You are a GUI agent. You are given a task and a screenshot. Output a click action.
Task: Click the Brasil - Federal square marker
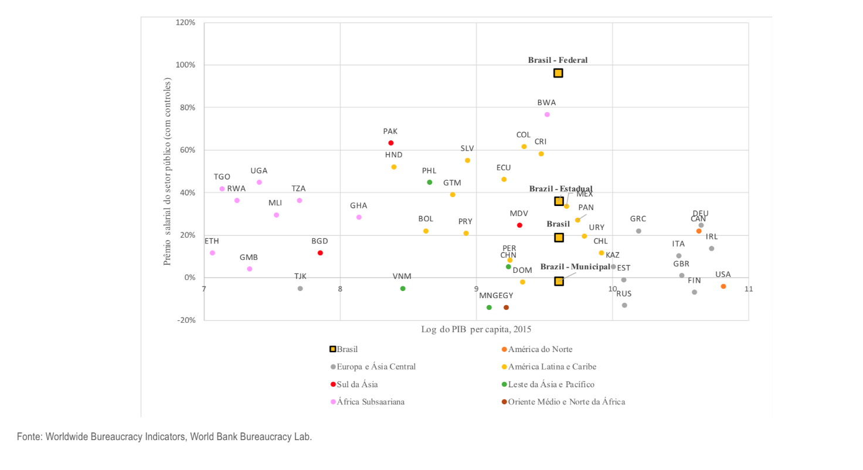tap(558, 73)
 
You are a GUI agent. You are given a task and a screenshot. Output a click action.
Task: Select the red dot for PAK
tap(391, 143)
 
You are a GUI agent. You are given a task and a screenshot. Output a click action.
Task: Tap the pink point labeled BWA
tap(547, 114)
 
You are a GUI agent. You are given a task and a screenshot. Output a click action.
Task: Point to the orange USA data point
tap(723, 286)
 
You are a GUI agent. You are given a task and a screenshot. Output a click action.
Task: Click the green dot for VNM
tap(403, 289)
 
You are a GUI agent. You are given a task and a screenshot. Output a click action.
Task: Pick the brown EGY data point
tap(506, 307)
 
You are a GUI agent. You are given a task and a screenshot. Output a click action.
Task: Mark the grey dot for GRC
tap(638, 231)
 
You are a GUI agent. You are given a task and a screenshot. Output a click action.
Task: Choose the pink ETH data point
tap(212, 253)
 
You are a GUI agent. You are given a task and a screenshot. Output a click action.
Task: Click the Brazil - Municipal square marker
tap(559, 281)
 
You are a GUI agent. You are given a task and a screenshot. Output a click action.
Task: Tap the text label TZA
tap(298, 188)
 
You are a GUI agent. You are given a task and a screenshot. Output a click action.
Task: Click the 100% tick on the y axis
tap(187, 65)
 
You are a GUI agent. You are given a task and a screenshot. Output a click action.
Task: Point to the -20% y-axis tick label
tap(187, 320)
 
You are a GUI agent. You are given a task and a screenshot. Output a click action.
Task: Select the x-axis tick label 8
tap(340, 289)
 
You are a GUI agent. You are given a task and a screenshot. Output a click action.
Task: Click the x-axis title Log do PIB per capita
tap(475, 329)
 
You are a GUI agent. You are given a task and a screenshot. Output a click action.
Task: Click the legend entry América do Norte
tap(540, 349)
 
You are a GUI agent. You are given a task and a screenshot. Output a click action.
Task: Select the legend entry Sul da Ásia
tap(357, 384)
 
